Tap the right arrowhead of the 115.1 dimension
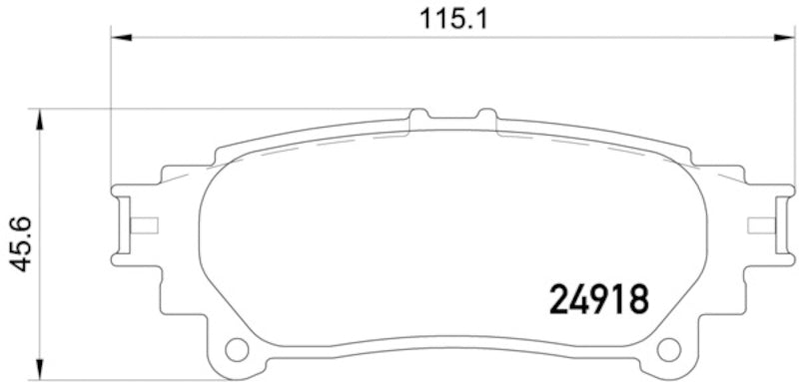(x=776, y=39)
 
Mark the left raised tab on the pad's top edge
(x=418, y=118)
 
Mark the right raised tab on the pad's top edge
(x=486, y=118)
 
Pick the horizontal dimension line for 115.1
(x=300, y=39)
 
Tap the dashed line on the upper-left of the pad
(x=300, y=148)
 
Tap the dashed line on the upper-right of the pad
(x=599, y=148)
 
